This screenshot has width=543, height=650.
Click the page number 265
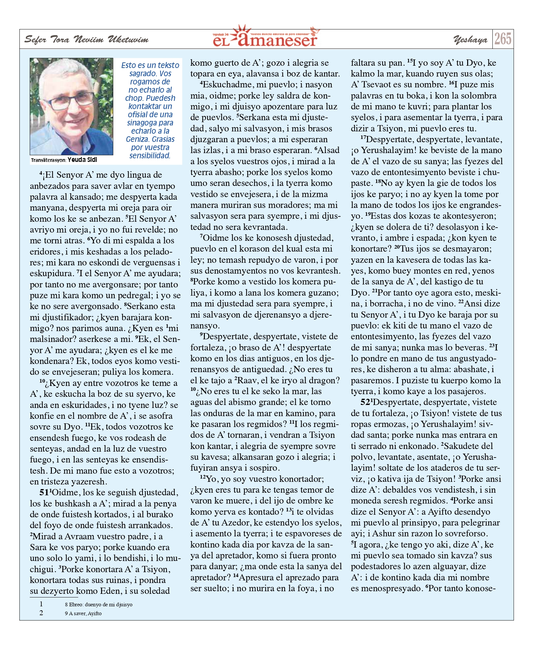(503, 39)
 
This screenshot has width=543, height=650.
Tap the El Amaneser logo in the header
(265, 37)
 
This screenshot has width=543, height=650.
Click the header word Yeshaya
(470, 40)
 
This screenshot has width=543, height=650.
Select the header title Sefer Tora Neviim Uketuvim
(86, 40)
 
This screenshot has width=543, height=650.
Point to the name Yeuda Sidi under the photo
(82, 160)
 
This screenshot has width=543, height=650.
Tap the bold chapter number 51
(44, 492)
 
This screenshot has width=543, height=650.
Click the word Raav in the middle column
(248, 380)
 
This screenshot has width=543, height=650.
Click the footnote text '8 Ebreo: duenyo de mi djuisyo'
(98, 604)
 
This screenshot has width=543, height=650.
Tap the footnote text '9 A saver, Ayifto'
(83, 613)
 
